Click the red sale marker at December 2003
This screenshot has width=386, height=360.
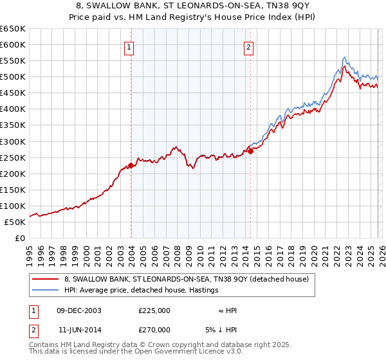[x=131, y=165]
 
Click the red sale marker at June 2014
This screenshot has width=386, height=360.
[x=250, y=151]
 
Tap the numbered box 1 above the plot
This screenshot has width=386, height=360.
[x=130, y=47]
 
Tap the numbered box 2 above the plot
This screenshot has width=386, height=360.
[x=249, y=47]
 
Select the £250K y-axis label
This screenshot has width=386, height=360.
[x=13, y=157]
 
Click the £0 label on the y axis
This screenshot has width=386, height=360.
[x=19, y=238]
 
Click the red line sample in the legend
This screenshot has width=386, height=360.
[x=46, y=280]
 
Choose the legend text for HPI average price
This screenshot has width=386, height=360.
[x=141, y=291]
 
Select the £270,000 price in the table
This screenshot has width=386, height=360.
[x=154, y=328]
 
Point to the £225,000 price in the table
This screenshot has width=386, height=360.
[x=154, y=310]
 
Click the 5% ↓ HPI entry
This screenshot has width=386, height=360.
[x=221, y=328]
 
